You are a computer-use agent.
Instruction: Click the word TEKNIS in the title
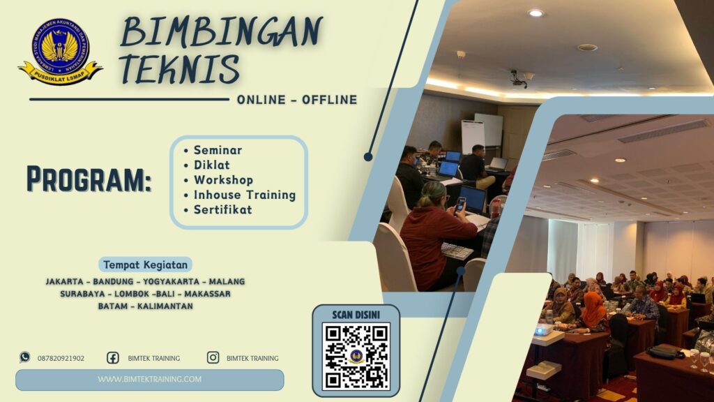[x=179, y=69]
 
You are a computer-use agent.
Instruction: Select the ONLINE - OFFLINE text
[x=297, y=100]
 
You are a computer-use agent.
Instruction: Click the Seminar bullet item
[x=218, y=150]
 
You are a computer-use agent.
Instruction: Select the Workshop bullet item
[x=223, y=180]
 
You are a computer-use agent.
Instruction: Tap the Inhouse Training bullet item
[x=244, y=195]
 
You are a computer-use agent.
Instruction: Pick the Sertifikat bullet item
[x=222, y=209]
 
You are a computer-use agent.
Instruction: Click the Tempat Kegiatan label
[x=146, y=265]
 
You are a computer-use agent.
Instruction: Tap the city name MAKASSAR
[x=207, y=294]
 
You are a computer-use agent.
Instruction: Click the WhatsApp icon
[x=25, y=357]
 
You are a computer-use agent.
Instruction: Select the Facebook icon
[x=112, y=357]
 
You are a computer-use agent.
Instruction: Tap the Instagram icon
[x=213, y=357]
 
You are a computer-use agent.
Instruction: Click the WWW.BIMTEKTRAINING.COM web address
[x=150, y=380]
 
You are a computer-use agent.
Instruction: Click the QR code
[x=356, y=355]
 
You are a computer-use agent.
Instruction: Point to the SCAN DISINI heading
[x=356, y=315]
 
